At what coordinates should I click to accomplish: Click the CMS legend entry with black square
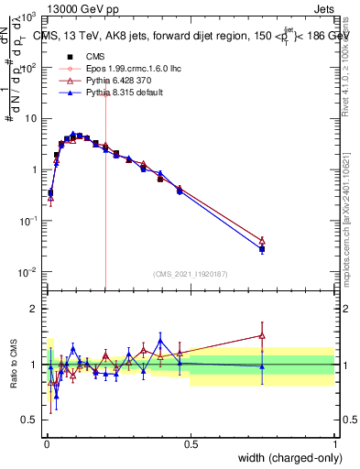(82, 56)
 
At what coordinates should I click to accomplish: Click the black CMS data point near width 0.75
(262, 249)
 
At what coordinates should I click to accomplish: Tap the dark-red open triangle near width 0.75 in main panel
(262, 240)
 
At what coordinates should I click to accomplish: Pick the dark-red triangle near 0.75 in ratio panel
(262, 335)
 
